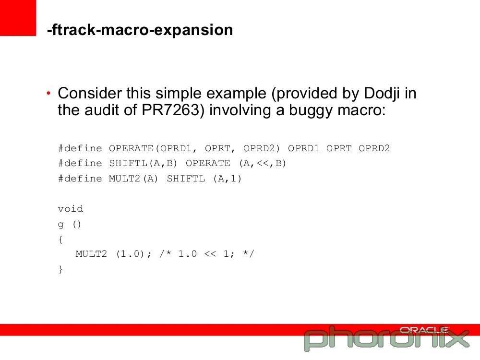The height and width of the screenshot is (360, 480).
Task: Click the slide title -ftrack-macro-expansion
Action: pyautogui.click(x=140, y=30)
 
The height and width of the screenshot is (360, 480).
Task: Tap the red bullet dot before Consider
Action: pyautogui.click(x=48, y=93)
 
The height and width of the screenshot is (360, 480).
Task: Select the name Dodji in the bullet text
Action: pyautogui.click(x=382, y=94)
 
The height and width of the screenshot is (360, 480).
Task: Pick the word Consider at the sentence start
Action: pyautogui.click(x=90, y=93)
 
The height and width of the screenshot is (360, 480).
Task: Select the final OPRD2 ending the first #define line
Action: pyautogui.click(x=374, y=148)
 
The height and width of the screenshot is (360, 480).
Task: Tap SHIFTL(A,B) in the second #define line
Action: pyautogui.click(x=143, y=163)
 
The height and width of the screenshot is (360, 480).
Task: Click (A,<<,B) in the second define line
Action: pyautogui.click(x=263, y=163)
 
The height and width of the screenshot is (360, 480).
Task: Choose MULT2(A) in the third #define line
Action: pyautogui.click(x=133, y=178)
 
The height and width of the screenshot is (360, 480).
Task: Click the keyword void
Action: pyautogui.click(x=71, y=208)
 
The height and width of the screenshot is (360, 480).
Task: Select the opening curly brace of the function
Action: pyautogui.click(x=60, y=240)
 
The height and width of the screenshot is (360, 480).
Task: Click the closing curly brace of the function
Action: pyautogui.click(x=60, y=269)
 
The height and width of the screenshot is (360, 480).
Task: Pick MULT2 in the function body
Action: pyautogui.click(x=91, y=254)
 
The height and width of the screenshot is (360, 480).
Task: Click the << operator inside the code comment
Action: pyautogui.click(x=210, y=254)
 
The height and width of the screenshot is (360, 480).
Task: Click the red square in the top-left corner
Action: pyautogui.click(x=18, y=18)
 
